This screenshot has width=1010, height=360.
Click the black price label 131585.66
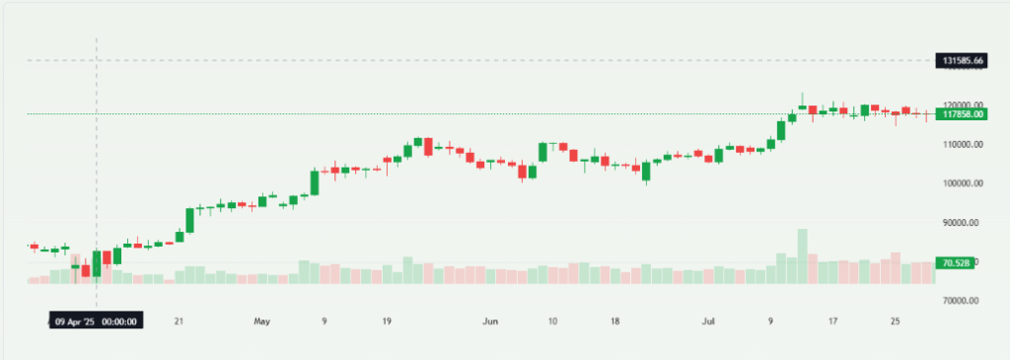tap(963, 61)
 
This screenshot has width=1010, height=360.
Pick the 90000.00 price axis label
tap(963, 223)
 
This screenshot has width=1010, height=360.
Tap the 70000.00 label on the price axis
tap(963, 301)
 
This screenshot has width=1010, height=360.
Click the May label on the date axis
tap(261, 321)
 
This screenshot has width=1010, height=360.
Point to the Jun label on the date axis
tap(490, 321)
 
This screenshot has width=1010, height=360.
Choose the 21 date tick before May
tap(178, 321)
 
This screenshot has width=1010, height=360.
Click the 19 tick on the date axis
tap(388, 321)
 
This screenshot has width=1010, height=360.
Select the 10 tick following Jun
tap(552, 321)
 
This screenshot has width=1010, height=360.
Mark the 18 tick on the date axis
tap(614, 321)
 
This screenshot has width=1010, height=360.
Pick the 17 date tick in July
tap(833, 321)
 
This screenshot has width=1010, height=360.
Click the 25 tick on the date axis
tap(896, 321)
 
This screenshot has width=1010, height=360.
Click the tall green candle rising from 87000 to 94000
tap(189, 220)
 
